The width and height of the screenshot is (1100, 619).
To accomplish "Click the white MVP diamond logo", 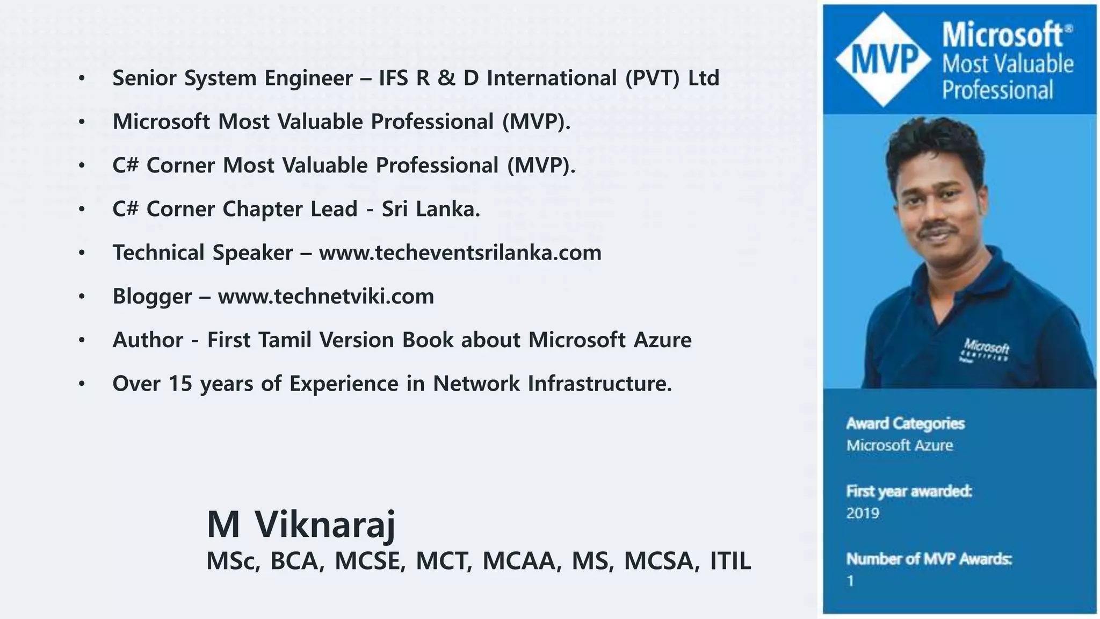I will (x=884, y=59).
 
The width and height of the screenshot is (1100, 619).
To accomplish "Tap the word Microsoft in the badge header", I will (x=1002, y=35).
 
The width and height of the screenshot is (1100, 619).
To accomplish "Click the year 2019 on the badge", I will (x=863, y=513).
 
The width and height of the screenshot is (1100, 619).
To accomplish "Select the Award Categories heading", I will (x=906, y=423).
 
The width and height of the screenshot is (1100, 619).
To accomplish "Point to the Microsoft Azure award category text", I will (x=900, y=445).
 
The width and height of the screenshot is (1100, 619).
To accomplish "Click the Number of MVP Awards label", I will (x=929, y=559).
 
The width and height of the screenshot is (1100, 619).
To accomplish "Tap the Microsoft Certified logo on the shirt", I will (x=985, y=350).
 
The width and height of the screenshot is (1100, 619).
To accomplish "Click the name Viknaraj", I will (x=325, y=524).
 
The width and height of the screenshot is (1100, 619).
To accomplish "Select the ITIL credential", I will (x=730, y=561).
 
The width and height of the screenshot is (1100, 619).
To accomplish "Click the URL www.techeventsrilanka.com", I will (x=460, y=253).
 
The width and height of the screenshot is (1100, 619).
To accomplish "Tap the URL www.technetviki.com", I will (x=326, y=296).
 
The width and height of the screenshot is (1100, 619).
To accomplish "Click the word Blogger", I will (x=152, y=296).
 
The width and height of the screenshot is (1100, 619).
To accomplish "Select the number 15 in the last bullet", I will (x=180, y=384).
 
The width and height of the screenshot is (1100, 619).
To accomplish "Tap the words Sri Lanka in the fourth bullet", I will (x=430, y=209).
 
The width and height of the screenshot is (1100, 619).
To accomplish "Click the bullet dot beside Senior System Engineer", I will (x=82, y=78).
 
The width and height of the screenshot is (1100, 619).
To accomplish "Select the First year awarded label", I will (x=909, y=491).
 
